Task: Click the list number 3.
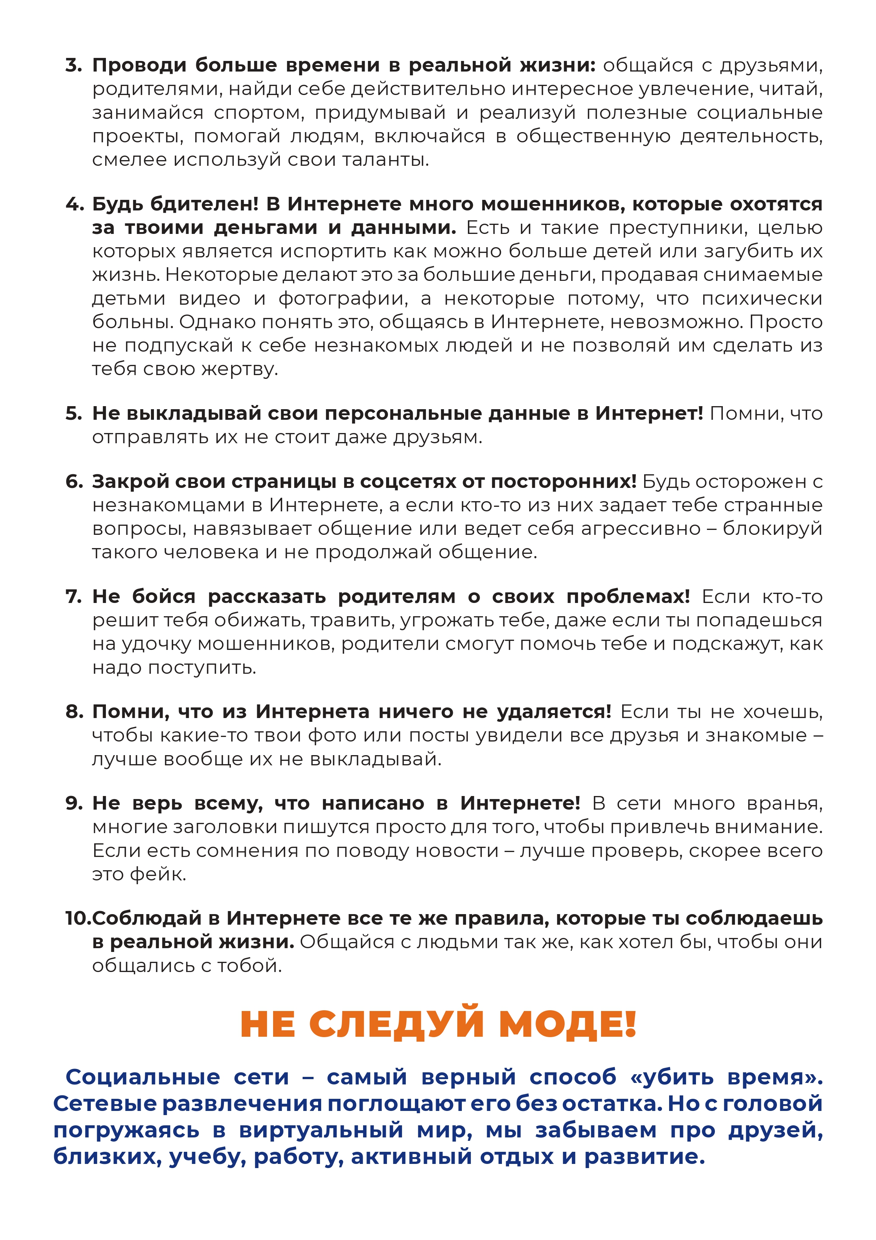pos(73,65)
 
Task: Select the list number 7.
pos(73,597)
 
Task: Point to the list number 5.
pos(73,414)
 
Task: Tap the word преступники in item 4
pos(678,228)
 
